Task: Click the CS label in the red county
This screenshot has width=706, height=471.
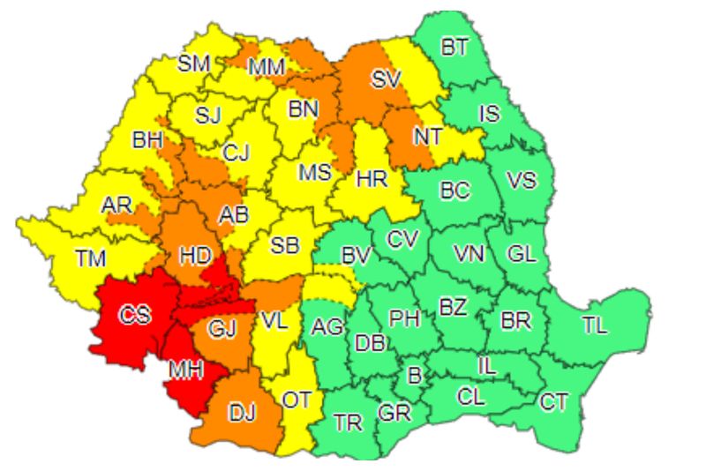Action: click(135, 316)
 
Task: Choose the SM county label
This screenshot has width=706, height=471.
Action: click(193, 63)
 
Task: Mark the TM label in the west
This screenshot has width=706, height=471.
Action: click(89, 258)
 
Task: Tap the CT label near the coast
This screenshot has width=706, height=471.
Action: click(553, 402)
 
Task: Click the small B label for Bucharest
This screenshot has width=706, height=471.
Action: click(414, 374)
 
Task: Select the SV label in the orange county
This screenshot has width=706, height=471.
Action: click(386, 79)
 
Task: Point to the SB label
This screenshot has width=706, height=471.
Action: click(284, 245)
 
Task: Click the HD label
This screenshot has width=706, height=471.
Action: click(194, 256)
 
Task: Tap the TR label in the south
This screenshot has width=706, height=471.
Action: click(349, 422)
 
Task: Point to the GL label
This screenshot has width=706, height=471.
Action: click(522, 254)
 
